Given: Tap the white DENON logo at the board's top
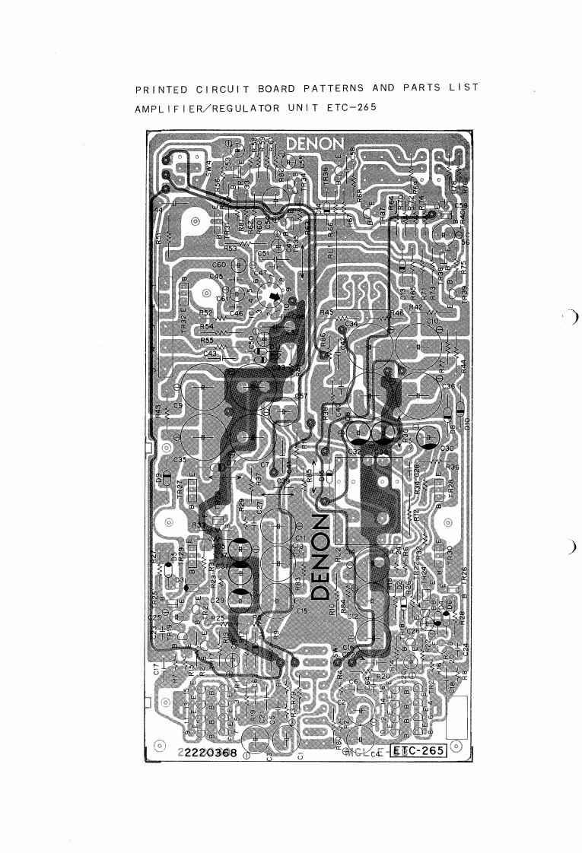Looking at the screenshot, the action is pos(315,144).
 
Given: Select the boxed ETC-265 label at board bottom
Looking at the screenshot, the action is pos(418,752).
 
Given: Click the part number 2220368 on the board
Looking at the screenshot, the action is pos(210,753).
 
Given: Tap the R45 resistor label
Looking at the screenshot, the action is pos(327,312).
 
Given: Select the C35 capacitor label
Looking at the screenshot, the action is pos(180,460).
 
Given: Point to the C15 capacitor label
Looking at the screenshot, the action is pos(301,610).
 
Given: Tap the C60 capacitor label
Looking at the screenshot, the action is pos(218,265).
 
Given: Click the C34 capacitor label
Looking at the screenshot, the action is pos(351,324).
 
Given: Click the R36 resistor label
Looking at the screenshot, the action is pos(453,466).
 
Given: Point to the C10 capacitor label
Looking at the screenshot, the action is pos(432,322).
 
